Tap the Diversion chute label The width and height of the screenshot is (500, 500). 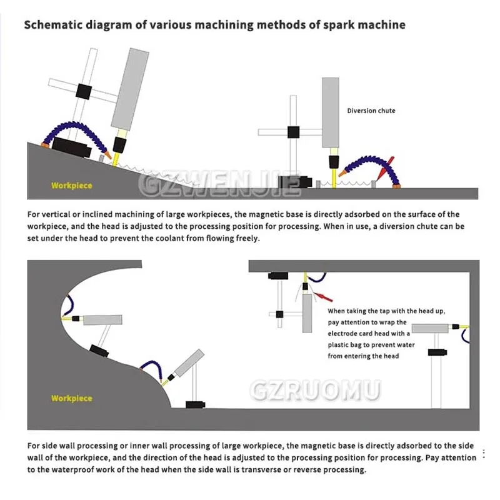pyautogui.click(x=371, y=111)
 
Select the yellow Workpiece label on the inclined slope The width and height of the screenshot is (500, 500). pyautogui.click(x=72, y=186)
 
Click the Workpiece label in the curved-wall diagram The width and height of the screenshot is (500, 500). pyautogui.click(x=72, y=398)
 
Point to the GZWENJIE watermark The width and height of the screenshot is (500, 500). pyautogui.click(x=218, y=182)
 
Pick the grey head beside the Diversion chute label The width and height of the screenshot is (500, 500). pyautogui.click(x=331, y=112)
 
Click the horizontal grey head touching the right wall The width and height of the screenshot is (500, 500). pyautogui.click(x=431, y=327)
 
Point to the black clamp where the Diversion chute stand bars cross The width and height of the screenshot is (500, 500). pyautogui.click(x=292, y=132)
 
